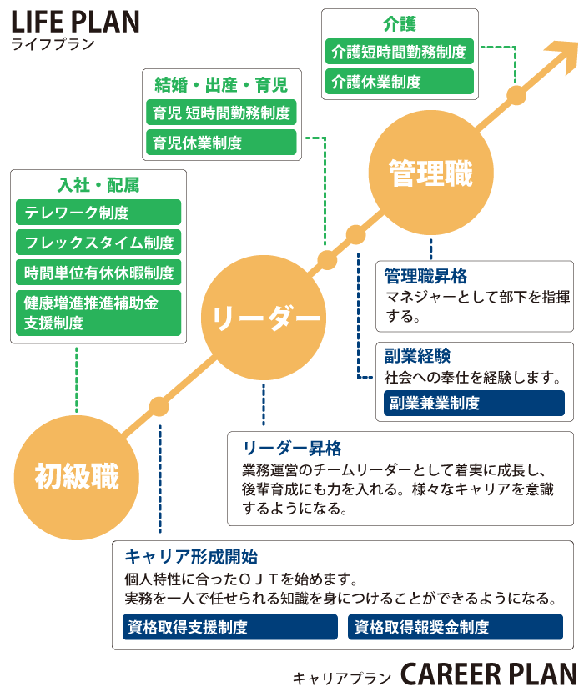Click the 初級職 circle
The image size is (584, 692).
[x=76, y=477]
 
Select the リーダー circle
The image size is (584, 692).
[x=264, y=318]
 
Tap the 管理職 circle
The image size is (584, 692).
[x=430, y=174]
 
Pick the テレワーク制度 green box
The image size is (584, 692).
[x=98, y=213]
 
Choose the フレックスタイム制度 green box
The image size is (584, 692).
[x=98, y=243]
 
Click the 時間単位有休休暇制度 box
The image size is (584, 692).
[x=98, y=273]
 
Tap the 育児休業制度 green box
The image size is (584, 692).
[x=221, y=143]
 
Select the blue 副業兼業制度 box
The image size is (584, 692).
[x=474, y=403]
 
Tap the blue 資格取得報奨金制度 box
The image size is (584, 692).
[x=456, y=627]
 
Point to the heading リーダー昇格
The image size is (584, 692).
[x=292, y=448]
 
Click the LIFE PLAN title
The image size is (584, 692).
[x=75, y=21]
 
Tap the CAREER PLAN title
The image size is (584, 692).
[x=488, y=674]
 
